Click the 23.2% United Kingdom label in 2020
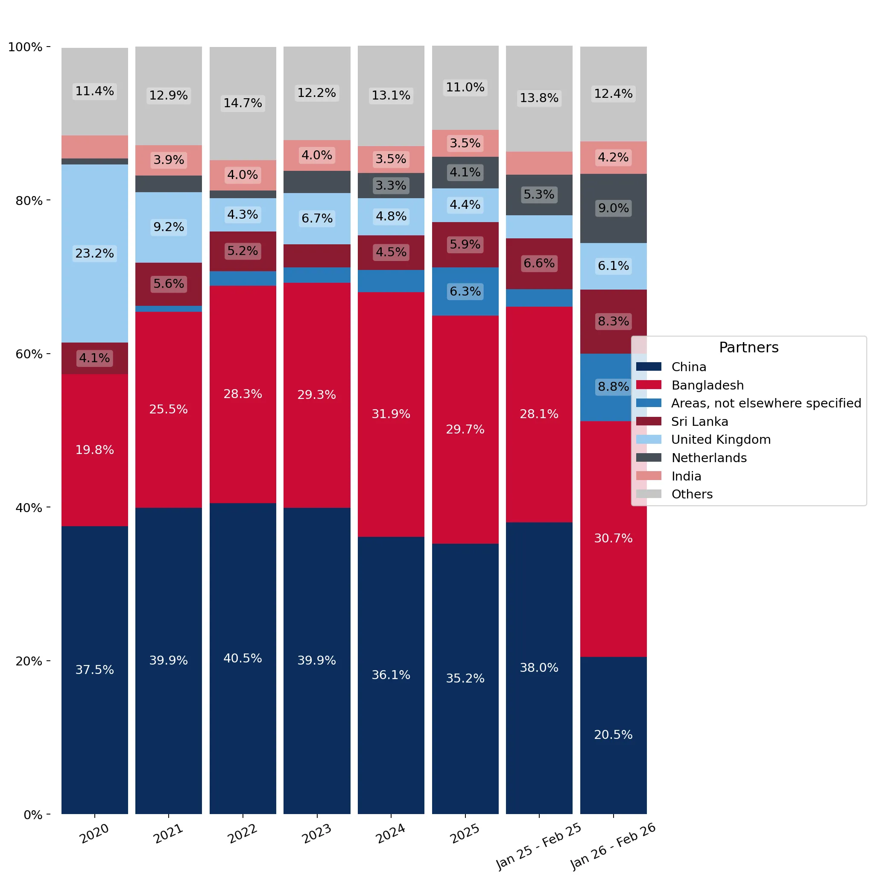tap(94, 253)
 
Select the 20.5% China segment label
tap(613, 735)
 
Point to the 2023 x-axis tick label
tap(317, 833)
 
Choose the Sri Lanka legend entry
tap(682, 422)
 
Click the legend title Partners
tap(748, 347)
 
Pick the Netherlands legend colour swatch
tap(649, 457)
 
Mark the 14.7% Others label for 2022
tap(243, 103)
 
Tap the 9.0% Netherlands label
tap(613, 208)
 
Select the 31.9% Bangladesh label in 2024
tap(391, 414)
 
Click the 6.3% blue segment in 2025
tap(465, 291)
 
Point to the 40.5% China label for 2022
tap(243, 658)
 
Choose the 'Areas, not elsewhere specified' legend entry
tap(749, 403)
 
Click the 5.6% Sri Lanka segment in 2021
tap(169, 284)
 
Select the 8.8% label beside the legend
tap(613, 387)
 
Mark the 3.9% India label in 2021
tap(169, 160)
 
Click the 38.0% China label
tap(539, 668)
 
